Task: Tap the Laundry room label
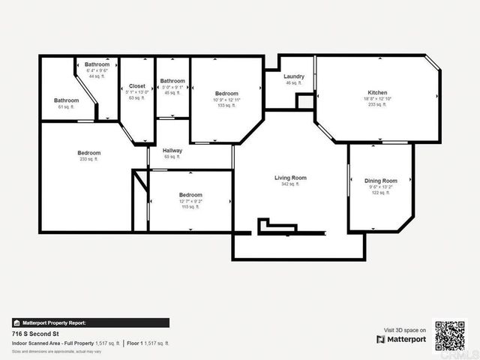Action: [x=293, y=76]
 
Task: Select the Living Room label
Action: [x=290, y=178]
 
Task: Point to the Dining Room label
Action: [x=380, y=181]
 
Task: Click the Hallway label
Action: [x=172, y=151]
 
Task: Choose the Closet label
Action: [x=137, y=86]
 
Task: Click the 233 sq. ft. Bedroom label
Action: [x=88, y=153]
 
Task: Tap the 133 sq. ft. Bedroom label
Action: [x=226, y=94]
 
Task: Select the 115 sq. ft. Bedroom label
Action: [x=190, y=195]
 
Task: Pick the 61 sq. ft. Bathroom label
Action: [x=66, y=100]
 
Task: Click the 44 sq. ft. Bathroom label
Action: [x=97, y=64]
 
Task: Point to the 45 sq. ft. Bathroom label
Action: [x=172, y=81]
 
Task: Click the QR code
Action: [x=450, y=335]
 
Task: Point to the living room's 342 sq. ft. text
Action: [x=290, y=184]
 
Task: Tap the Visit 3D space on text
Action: [x=405, y=330]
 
